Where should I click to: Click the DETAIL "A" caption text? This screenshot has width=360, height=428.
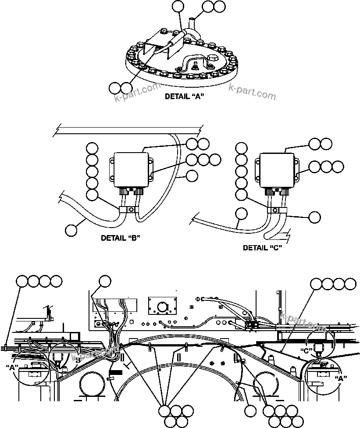tap(185, 96)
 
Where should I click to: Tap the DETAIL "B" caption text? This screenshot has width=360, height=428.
tap(120, 238)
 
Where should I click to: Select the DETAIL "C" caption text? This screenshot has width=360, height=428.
tap(262, 247)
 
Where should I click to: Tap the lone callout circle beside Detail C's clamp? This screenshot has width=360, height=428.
tap(314, 217)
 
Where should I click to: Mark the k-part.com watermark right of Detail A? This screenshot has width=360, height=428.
tap(252, 92)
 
